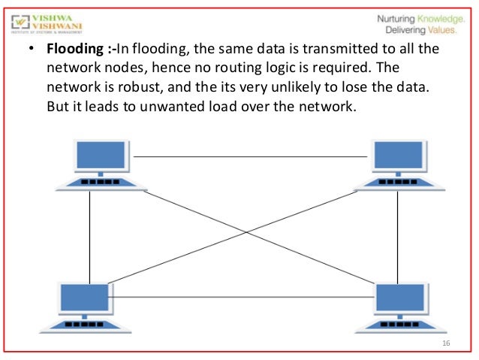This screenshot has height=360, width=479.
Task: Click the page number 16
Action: coord(446,343)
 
